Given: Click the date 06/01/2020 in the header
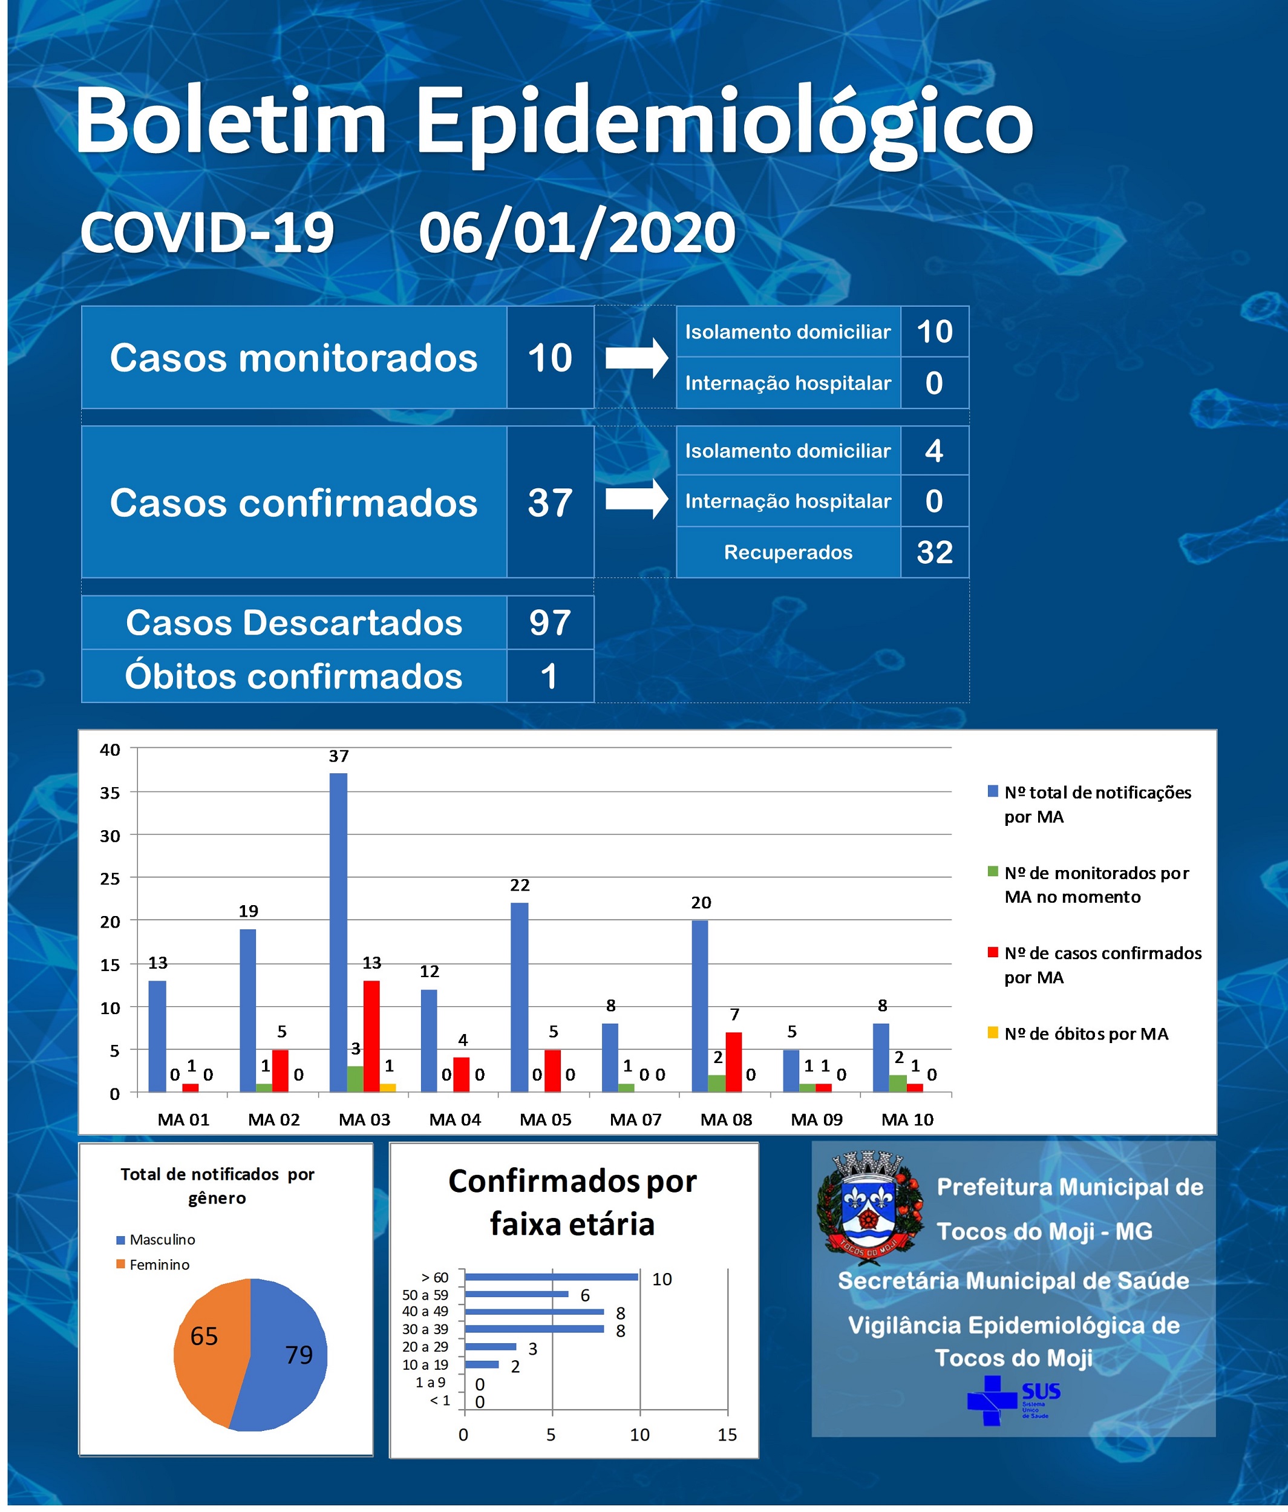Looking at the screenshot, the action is (577, 234).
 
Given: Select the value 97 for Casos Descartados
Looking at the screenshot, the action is (549, 623).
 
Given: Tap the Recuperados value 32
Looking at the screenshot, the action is (935, 552).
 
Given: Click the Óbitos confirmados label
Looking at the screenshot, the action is (293, 676).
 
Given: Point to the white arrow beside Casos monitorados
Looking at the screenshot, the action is (636, 358).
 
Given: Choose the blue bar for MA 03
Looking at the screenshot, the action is (339, 932).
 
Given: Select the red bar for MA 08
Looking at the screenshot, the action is (734, 1062).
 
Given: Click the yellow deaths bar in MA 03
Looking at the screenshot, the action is (388, 1088).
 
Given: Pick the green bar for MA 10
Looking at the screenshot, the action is (898, 1084).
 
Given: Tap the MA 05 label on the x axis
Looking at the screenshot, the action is (545, 1119).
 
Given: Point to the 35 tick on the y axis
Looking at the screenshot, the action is (110, 793).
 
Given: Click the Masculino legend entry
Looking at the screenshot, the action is (155, 1240).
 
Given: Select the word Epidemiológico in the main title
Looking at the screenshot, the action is (725, 124).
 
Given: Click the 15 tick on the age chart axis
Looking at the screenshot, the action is (727, 1435).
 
